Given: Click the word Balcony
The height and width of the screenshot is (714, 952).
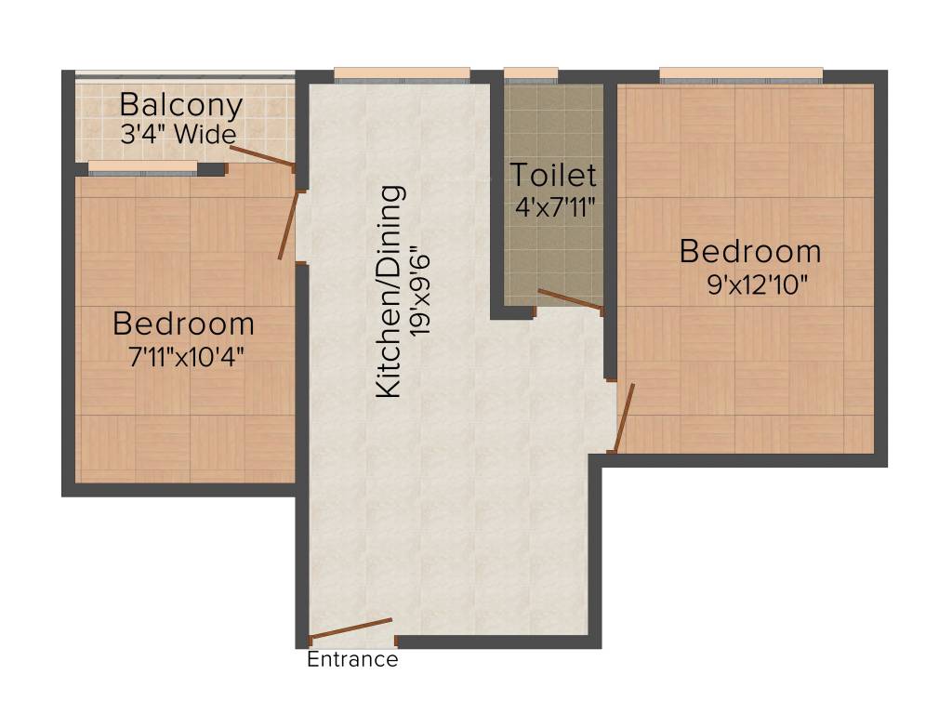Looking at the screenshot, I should (x=181, y=105).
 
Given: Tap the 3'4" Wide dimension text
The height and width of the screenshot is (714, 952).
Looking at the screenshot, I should (x=178, y=134).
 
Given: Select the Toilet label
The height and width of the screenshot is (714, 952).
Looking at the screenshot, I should (x=553, y=174).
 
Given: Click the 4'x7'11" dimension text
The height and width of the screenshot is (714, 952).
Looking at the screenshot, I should (x=554, y=205).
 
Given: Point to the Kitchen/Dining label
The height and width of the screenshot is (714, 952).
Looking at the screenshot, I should (x=390, y=292).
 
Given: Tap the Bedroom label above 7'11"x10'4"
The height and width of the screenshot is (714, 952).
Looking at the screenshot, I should (x=183, y=324).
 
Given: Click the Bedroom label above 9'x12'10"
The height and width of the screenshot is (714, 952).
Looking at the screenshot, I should (x=750, y=251).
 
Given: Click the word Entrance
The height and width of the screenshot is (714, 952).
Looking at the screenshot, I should (x=352, y=660).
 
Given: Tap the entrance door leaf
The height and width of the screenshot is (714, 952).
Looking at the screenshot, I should (x=350, y=628).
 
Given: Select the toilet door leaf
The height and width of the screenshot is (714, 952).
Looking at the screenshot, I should (x=570, y=298).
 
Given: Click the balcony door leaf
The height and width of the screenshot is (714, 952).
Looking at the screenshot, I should (x=261, y=156).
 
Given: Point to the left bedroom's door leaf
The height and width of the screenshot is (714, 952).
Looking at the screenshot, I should (x=288, y=225).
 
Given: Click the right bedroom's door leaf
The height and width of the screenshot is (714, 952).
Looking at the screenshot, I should (x=624, y=417).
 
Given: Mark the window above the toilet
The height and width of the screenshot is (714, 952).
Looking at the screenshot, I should (x=531, y=75).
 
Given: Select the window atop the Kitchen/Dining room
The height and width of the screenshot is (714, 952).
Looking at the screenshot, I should (x=402, y=75).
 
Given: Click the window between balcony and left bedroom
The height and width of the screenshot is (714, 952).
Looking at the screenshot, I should (x=143, y=168).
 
